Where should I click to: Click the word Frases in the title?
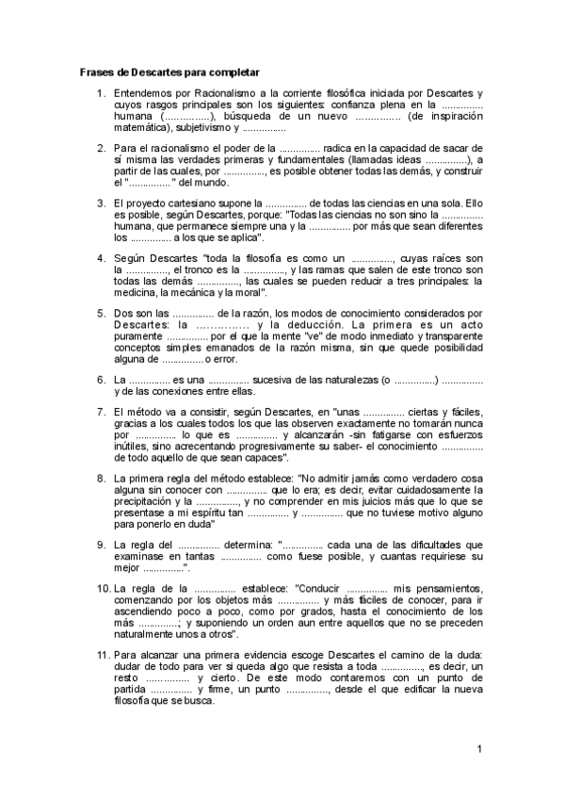click(94, 72)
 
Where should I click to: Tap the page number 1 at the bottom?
click(479, 749)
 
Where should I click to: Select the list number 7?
click(101, 412)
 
